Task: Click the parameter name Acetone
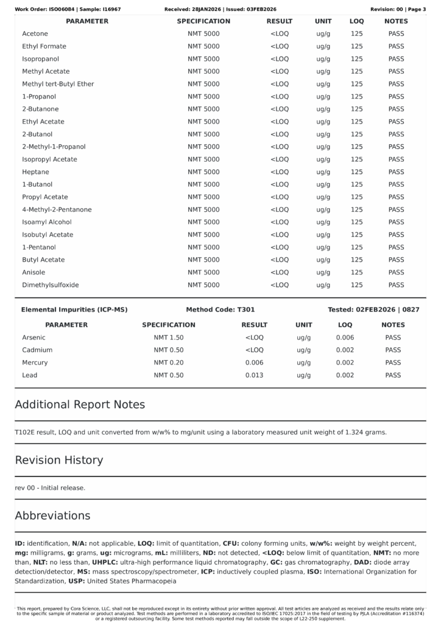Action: pos(35,33)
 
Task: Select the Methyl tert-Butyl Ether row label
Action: pos(58,84)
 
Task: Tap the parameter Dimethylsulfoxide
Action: pos(51,285)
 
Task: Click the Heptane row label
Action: pos(35,172)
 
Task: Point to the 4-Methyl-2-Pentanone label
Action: pos(57,210)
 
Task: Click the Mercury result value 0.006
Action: pos(254,363)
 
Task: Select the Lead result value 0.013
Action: pos(254,375)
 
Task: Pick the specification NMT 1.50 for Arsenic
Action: pos(169,337)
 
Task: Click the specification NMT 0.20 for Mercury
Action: pos(169,363)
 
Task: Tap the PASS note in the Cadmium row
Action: pos(393,350)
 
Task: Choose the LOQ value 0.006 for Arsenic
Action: pos(345,337)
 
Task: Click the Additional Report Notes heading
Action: pos(80,405)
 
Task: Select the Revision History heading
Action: pos(59,460)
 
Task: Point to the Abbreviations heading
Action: pos(52,515)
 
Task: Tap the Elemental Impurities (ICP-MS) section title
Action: pos(74,310)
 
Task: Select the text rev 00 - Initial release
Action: pos(50,488)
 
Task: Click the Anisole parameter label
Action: pos(34,273)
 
